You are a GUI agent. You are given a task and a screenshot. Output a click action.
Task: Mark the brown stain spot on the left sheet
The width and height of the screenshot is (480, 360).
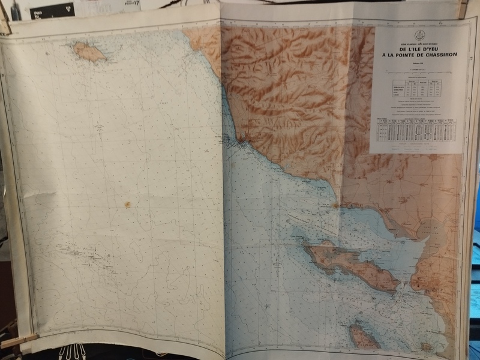coord(127,205)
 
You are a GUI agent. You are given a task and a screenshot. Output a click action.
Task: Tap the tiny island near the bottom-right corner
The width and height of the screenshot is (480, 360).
coord(427,346)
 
